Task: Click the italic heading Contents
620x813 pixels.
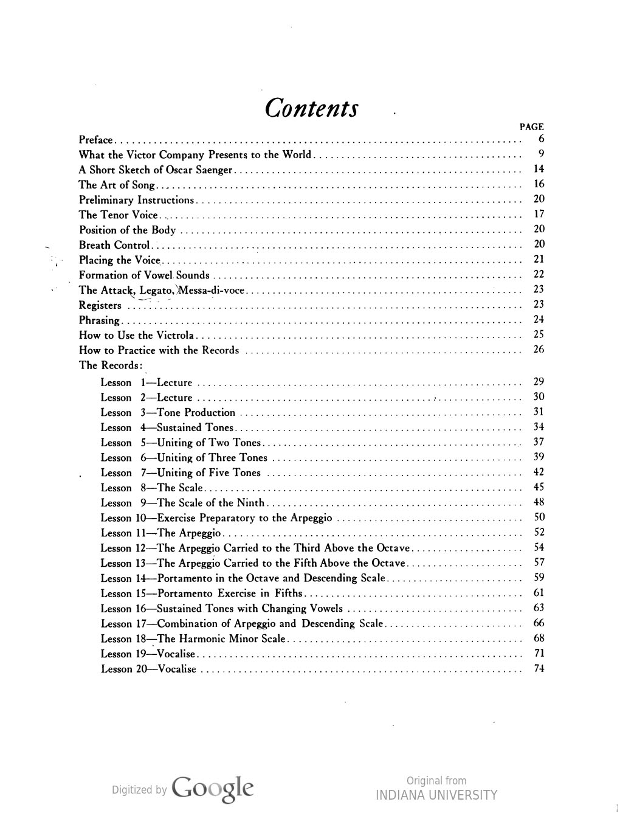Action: point(312,109)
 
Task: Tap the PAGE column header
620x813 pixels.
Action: point(531,127)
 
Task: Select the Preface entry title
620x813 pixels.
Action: point(95,140)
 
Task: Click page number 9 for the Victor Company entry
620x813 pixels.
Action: point(540,154)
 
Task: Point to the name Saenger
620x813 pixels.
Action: point(214,170)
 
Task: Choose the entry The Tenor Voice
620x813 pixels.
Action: point(119,215)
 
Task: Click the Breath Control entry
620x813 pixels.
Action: point(114,245)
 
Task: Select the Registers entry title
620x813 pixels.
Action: point(100,305)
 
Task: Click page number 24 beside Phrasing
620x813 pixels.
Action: point(539,319)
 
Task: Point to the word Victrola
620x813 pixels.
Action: point(175,335)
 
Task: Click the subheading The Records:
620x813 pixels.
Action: point(111,365)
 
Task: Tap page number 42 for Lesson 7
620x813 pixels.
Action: point(539,472)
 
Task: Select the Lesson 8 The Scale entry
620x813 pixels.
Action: point(152,488)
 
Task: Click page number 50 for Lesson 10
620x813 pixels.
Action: point(539,517)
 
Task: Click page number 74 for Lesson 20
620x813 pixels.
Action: point(539,668)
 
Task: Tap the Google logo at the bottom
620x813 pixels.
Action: point(213,789)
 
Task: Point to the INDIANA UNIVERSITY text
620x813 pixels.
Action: point(436,795)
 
